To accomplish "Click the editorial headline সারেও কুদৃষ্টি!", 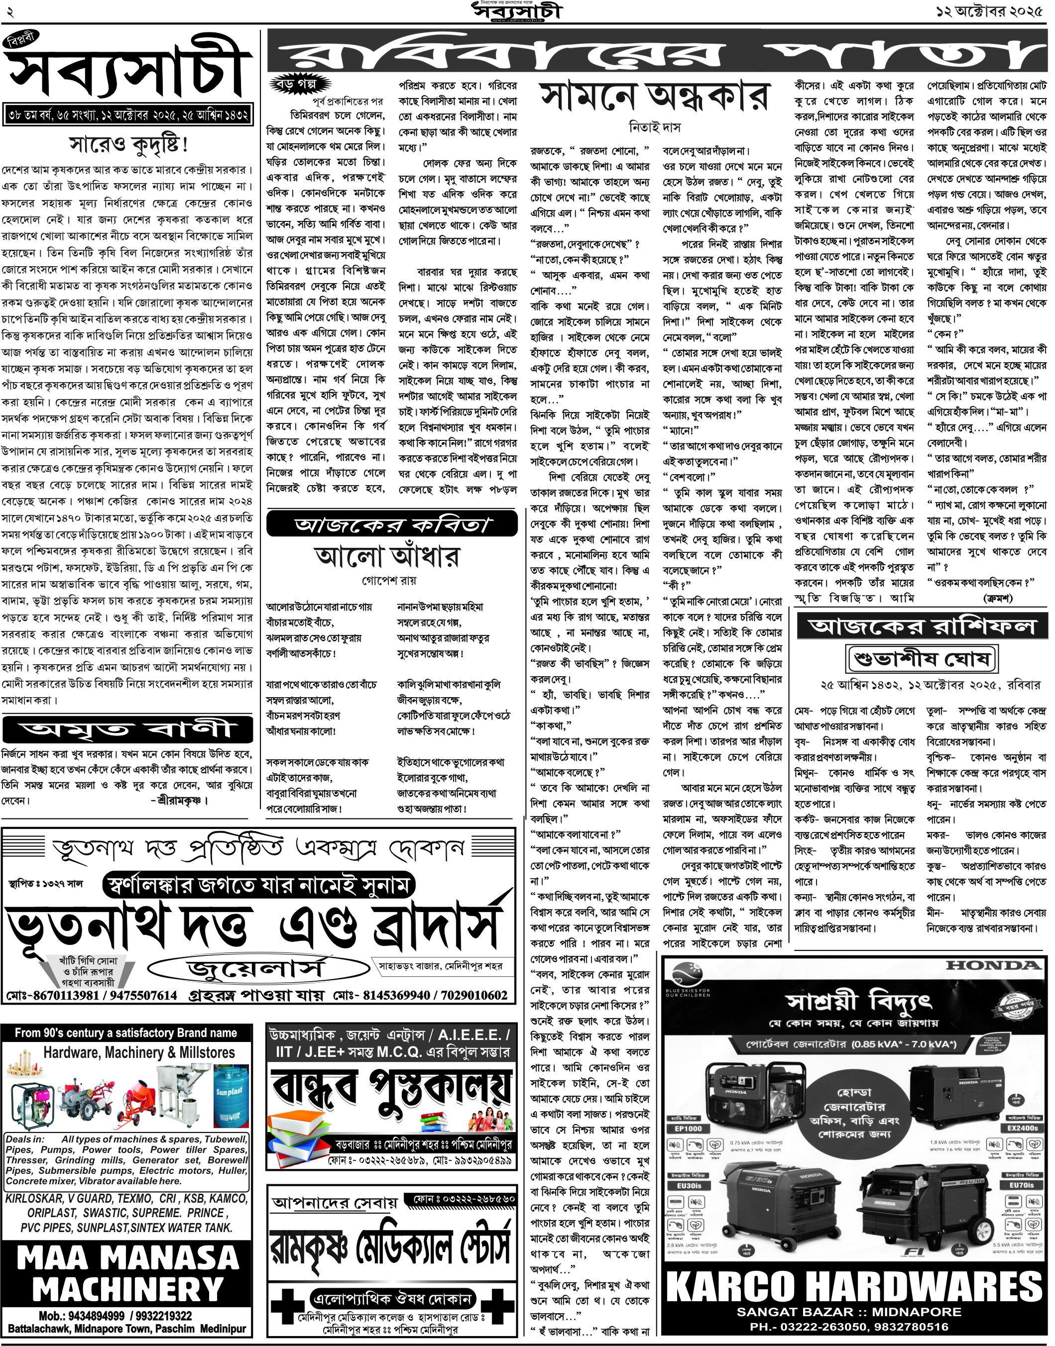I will (x=128, y=145).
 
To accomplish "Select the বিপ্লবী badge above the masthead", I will (x=21, y=41).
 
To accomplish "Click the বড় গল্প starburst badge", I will (x=300, y=84).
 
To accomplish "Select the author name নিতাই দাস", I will (x=655, y=128).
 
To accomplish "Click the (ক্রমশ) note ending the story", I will (x=998, y=598).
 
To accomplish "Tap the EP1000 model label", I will (x=688, y=1129).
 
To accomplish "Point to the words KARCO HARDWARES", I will (x=855, y=1287).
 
